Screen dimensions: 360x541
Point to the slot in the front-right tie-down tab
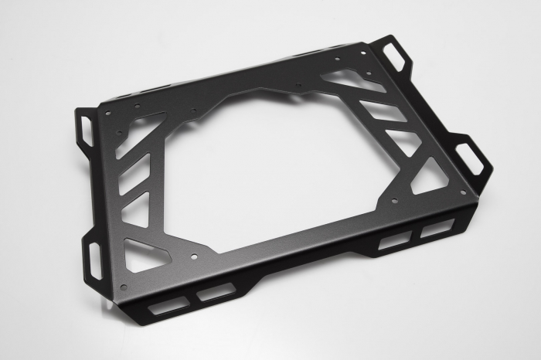[471, 158]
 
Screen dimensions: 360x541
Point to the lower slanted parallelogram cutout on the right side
[403, 141]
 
